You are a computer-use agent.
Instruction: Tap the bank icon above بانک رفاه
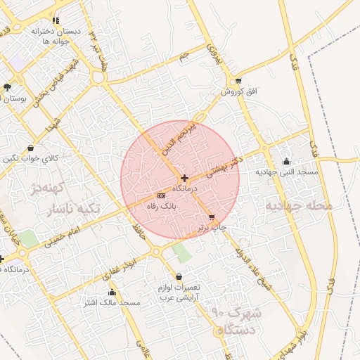[161, 195]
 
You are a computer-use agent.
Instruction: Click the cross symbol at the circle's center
[184, 179]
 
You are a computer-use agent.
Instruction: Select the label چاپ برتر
[210, 227]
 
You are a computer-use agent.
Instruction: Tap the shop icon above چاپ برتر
[212, 217]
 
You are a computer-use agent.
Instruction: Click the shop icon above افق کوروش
[239, 81]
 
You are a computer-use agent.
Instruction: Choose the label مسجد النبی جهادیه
[287, 172]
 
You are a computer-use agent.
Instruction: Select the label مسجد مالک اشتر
[112, 302]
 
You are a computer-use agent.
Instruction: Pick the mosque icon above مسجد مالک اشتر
[112, 292]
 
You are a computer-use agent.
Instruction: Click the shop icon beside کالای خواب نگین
[30, 148]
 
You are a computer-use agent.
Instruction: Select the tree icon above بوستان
[7, 88]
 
